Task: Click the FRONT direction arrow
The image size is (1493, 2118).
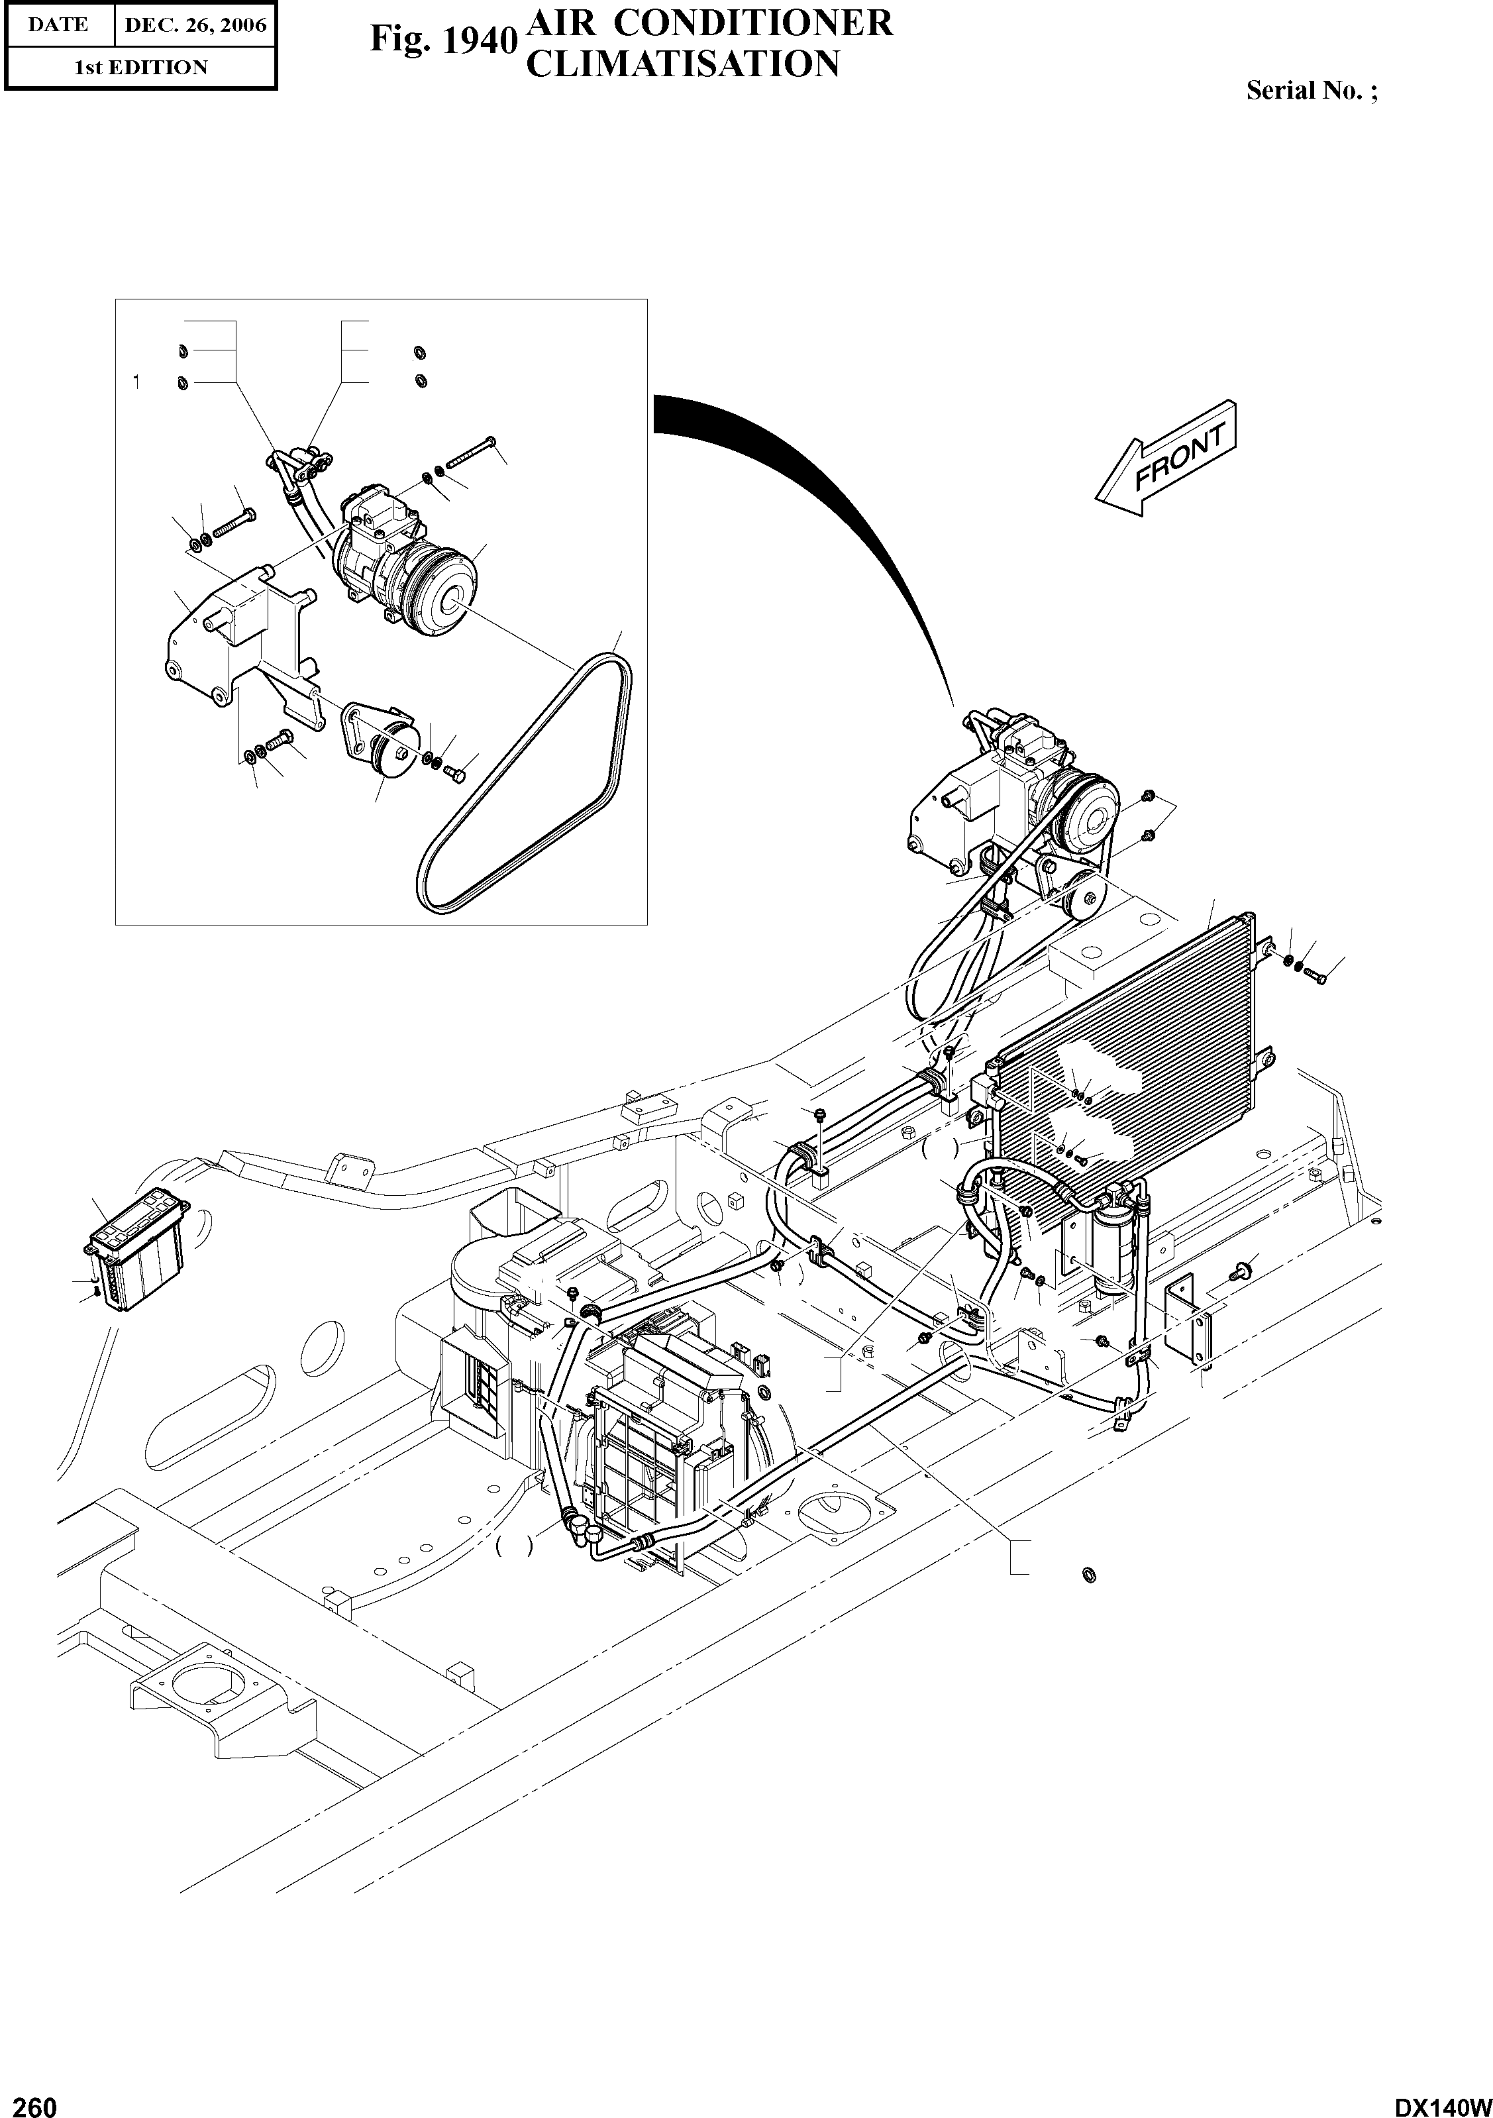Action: coord(1164,458)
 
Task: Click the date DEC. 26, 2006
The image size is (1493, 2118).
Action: coord(195,25)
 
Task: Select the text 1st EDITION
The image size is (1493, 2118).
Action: coord(140,68)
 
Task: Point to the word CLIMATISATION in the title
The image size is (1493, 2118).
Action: coord(682,64)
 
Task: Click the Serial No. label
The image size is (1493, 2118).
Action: coord(1312,90)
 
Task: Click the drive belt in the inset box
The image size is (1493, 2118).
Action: coord(526,780)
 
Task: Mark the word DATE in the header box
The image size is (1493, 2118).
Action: coord(57,25)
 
